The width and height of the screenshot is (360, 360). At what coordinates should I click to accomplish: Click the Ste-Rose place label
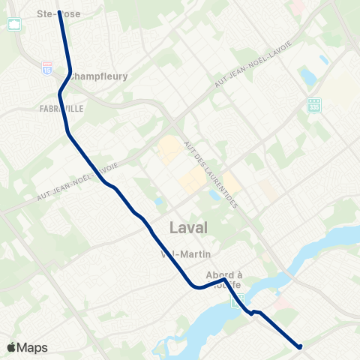[58, 13]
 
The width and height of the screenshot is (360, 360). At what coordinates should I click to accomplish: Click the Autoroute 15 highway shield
[48, 67]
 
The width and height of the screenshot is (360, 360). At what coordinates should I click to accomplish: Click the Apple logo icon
[12, 347]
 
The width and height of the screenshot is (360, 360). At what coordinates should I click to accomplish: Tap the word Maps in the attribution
[33, 348]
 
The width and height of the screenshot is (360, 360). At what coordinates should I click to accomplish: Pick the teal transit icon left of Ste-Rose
[14, 24]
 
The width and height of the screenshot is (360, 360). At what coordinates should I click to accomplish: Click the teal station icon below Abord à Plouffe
[237, 301]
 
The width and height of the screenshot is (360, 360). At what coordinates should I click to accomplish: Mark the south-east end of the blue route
[299, 346]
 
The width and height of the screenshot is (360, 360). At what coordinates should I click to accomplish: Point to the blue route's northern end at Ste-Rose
[59, 13]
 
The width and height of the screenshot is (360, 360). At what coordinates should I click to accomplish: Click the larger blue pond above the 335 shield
[307, 76]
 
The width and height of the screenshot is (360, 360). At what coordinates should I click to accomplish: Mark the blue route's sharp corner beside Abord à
[224, 280]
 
